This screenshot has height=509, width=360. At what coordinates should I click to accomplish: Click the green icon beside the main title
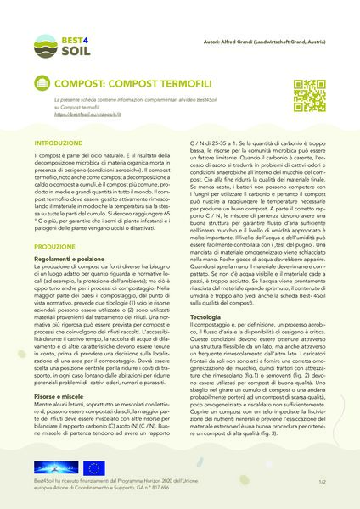[x=42, y=85]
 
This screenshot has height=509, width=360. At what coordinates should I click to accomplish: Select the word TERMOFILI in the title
[x=177, y=85]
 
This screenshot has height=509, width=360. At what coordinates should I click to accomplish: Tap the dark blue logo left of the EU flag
[x=53, y=467]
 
